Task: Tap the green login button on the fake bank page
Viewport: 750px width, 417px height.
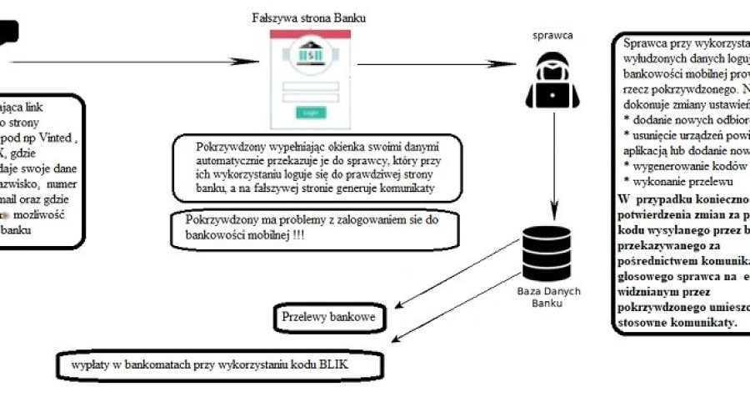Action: (x=310, y=113)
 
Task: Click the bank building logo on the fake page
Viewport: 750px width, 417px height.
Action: (x=311, y=57)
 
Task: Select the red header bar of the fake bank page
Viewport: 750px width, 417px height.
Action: (x=311, y=34)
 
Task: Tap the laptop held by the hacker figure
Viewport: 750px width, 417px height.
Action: (x=552, y=94)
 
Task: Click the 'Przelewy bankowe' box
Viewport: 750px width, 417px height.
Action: (x=327, y=318)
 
